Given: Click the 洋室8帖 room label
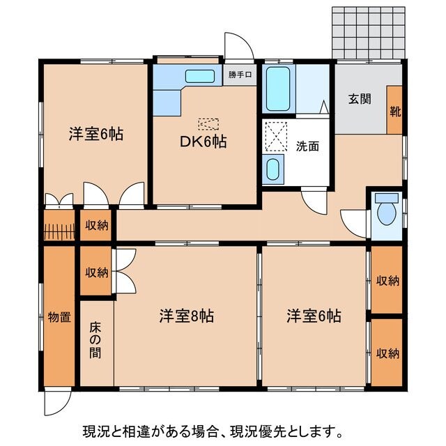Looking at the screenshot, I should (186, 316).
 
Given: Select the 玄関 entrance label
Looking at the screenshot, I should (359, 99).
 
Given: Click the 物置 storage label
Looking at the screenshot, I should (59, 318).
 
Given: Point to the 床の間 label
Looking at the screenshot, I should (95, 339).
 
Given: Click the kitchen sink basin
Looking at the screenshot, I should (200, 76).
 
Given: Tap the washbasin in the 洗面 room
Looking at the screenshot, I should (273, 169).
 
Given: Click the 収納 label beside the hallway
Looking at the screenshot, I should (97, 224).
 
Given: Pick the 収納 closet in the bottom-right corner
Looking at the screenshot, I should (387, 353).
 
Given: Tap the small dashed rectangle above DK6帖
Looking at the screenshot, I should (208, 124).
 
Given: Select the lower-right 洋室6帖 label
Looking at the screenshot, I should (314, 316).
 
